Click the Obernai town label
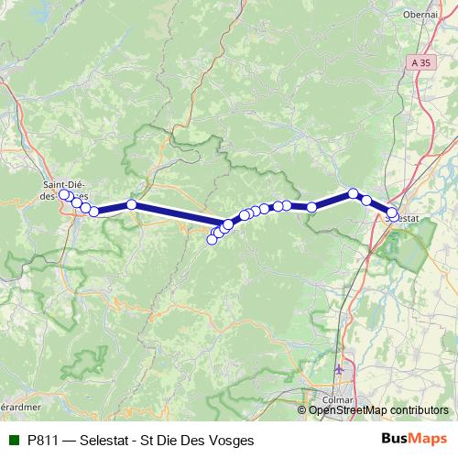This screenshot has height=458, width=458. click(x=421, y=15)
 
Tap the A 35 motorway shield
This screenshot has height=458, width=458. click(x=420, y=60)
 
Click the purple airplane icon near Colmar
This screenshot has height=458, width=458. click(x=342, y=369)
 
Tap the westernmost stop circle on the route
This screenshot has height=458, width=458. click(x=64, y=194)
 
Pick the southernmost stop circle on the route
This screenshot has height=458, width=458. click(x=213, y=240)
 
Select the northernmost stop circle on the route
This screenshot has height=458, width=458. click(x=353, y=193)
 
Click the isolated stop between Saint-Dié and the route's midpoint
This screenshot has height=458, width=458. click(x=132, y=204)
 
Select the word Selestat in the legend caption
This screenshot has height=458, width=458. click(x=106, y=441)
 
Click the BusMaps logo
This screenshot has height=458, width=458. click(x=414, y=440)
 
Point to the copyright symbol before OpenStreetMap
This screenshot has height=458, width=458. click(x=303, y=410)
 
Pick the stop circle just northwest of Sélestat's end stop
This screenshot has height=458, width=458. click(x=366, y=200)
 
